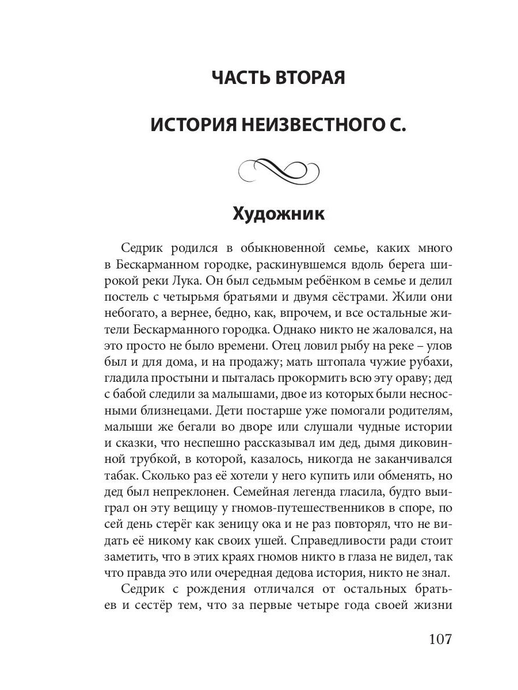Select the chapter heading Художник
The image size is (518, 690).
click(x=279, y=214)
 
